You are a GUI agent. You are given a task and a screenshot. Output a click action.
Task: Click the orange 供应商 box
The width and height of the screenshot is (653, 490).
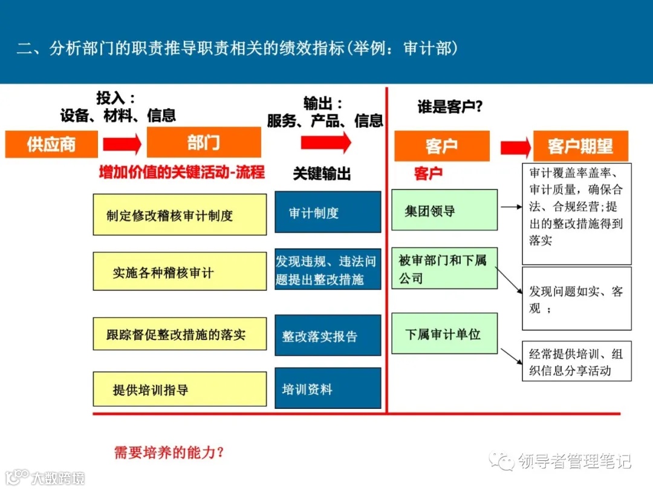[x=51, y=144]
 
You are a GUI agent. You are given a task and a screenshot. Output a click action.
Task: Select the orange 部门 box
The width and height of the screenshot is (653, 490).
[x=204, y=143]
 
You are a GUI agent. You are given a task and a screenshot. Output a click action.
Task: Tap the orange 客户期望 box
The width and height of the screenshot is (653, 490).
[x=580, y=146]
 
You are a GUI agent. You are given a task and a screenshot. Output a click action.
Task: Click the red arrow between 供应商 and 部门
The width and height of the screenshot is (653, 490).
[x=122, y=144]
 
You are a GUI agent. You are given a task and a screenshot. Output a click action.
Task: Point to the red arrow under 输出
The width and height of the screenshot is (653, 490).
[x=326, y=143]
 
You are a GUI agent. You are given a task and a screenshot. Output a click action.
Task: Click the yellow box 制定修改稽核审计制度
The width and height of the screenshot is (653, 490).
[x=180, y=215]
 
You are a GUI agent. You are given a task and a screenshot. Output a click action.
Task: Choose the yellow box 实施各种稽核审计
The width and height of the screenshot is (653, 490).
[x=180, y=272]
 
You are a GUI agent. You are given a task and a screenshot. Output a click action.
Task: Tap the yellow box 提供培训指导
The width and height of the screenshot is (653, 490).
[x=180, y=389]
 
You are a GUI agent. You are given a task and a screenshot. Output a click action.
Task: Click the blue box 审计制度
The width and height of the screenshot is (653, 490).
[x=328, y=212]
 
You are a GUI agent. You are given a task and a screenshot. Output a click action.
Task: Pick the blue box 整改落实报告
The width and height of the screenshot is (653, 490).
[x=328, y=335]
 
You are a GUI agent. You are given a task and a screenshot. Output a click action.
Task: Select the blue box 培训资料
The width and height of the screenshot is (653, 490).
[x=328, y=388]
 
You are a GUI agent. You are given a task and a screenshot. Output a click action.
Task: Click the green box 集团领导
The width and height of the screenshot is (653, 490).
[x=444, y=210]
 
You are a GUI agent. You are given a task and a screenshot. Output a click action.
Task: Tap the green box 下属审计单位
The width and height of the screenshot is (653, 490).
[x=444, y=333]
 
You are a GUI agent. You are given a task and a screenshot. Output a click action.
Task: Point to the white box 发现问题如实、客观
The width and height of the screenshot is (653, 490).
[x=576, y=299]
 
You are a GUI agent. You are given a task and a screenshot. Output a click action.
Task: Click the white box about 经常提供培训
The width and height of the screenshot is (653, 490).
[x=576, y=361]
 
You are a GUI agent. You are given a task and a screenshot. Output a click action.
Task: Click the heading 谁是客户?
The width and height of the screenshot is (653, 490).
[x=450, y=107]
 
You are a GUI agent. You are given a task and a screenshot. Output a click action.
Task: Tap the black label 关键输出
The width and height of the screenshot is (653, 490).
[x=322, y=174]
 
